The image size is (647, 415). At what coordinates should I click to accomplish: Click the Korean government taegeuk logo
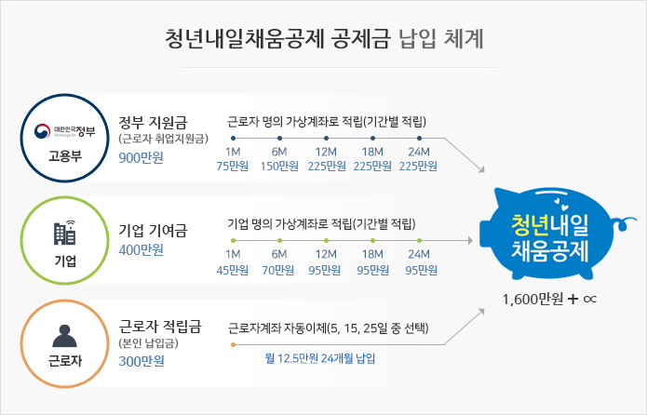[42, 131]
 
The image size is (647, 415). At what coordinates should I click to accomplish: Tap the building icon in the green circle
[65, 233]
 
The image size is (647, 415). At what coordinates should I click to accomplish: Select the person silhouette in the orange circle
[65, 336]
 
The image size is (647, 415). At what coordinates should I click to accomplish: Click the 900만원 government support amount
[142, 157]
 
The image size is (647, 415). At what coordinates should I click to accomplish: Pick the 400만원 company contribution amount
[142, 249]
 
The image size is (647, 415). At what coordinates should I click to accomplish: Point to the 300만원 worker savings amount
[142, 361]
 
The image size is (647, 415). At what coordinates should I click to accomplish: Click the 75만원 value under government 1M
[233, 166]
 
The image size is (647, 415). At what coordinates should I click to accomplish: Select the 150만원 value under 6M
[279, 166]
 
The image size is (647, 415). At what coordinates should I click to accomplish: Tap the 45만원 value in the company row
[233, 270]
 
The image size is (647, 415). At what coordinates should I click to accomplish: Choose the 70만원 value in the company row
[278, 270]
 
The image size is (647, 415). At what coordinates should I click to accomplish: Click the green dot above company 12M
[327, 240]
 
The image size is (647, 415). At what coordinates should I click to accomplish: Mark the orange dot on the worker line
[233, 344]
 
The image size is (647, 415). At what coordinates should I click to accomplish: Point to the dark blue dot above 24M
[419, 139]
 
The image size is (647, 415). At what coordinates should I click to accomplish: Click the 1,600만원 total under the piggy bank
[532, 299]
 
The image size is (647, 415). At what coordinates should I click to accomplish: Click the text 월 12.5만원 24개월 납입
[320, 358]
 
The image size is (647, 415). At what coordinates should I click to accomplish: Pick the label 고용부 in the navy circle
[65, 156]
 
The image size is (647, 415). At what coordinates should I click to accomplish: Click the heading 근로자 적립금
[160, 327]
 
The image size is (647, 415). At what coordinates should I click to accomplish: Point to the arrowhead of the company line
[470, 240]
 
